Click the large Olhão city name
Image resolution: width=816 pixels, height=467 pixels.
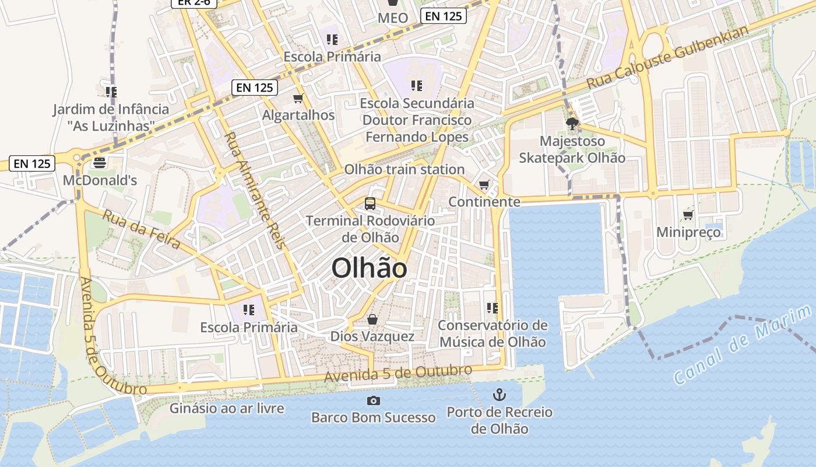(369, 269)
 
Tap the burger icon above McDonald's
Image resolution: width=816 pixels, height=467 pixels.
(100, 162)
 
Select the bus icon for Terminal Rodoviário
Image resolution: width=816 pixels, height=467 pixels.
(370, 203)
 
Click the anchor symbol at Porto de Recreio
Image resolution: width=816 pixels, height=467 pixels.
(499, 394)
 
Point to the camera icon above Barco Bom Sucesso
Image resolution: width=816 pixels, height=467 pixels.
(374, 400)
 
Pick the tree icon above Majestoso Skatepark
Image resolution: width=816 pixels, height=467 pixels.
(572, 123)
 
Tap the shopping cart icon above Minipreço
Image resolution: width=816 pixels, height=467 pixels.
(688, 215)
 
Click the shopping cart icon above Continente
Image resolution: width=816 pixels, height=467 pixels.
(484, 184)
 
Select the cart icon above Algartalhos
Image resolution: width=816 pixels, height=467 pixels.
(298, 97)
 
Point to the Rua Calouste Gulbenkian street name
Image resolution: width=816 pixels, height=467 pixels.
(667, 58)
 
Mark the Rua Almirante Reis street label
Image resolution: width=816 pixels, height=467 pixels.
(255, 190)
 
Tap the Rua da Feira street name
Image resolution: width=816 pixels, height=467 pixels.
(142, 229)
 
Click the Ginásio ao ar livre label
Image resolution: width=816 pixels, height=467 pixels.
(227, 408)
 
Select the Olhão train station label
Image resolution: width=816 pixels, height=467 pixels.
(405, 169)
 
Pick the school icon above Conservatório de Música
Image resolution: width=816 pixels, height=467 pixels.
(493, 308)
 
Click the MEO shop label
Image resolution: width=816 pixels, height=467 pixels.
(393, 18)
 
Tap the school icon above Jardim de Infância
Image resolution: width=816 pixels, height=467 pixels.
(111, 92)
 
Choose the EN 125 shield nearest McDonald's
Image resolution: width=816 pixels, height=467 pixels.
(33, 163)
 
